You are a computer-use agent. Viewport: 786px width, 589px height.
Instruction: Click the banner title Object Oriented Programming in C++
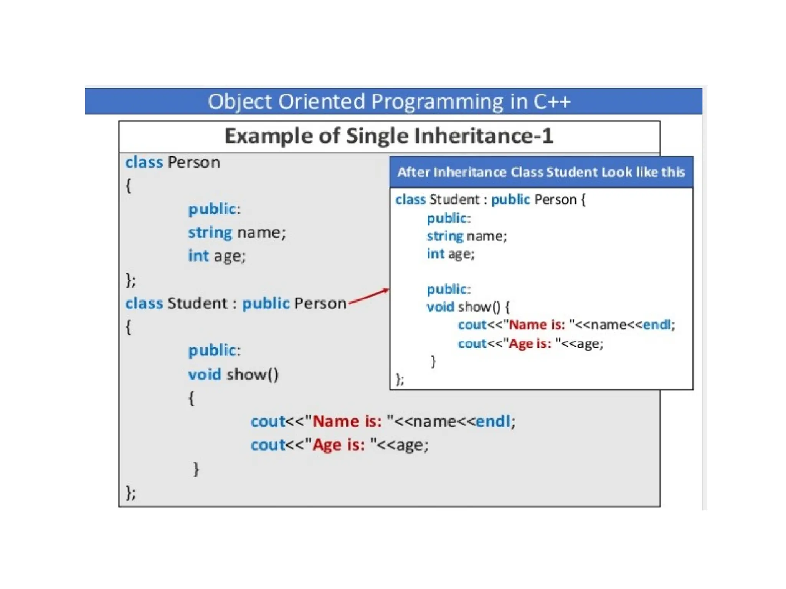pos(389,102)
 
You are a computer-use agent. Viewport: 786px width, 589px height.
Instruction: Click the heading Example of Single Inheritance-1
pos(389,136)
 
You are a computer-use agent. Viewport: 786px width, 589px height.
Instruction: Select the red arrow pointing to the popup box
pos(368,298)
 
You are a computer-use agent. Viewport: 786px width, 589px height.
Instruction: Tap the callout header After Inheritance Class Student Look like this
pos(541,172)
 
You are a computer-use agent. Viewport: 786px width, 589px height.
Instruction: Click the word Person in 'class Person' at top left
pos(193,163)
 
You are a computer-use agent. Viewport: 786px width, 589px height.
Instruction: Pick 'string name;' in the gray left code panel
pos(237,233)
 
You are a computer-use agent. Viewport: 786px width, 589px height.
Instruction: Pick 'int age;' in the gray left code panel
pos(217,256)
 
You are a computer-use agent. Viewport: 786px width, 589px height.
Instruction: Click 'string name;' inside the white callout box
pos(467,236)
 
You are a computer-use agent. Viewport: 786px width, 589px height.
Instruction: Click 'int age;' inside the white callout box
pos(451,254)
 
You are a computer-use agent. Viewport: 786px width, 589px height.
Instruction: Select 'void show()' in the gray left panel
pos(233,375)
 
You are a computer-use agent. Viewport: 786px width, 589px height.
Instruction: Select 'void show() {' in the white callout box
pos(468,307)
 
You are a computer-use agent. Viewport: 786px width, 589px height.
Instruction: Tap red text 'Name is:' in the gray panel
pos(347,421)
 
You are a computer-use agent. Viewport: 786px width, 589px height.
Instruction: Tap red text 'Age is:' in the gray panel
pos(339,445)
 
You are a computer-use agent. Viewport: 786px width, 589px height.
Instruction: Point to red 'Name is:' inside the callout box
pos(537,325)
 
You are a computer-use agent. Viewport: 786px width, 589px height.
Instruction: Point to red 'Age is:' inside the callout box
pos(530,344)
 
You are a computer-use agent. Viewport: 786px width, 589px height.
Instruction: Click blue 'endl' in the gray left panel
pos(493,421)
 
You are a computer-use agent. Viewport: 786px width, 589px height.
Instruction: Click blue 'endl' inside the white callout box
pos(657,325)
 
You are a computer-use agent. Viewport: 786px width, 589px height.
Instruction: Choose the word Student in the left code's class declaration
pos(197,304)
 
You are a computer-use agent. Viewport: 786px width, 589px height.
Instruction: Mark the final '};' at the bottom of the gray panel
pos(130,493)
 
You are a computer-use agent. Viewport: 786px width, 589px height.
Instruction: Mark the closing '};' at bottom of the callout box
pos(400,379)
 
